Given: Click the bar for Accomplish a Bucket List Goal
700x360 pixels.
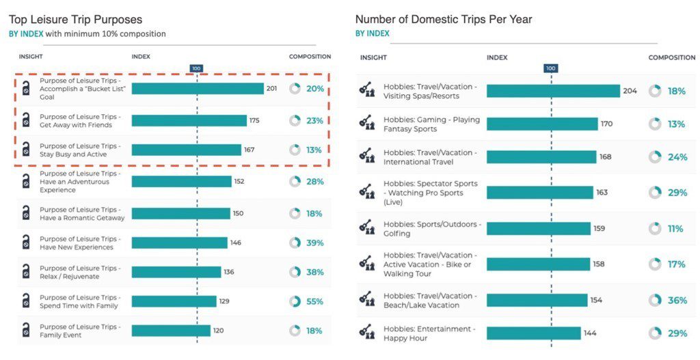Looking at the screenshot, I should [x=198, y=89].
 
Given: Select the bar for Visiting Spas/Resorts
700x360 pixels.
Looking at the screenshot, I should [x=553, y=91].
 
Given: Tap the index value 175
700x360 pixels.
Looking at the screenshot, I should [x=254, y=120].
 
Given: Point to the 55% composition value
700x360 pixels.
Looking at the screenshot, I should [x=314, y=301].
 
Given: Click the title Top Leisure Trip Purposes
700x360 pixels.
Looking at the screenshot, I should [x=76, y=20].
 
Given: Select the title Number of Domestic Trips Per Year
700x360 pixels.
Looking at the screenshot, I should [x=444, y=20].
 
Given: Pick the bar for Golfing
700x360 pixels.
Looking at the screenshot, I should [x=539, y=229].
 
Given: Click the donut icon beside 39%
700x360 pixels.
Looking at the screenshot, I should [x=295, y=243].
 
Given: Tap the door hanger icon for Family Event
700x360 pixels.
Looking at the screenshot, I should [x=25, y=331].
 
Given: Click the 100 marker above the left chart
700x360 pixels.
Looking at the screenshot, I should [x=196, y=68].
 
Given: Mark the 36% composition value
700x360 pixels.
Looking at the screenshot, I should [x=677, y=300].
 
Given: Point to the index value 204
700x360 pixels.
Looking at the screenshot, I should [x=630, y=91].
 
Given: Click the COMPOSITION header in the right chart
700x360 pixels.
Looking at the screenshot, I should [x=671, y=57].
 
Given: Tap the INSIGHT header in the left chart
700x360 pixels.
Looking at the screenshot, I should [x=31, y=57].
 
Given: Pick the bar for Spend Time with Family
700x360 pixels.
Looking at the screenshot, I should [x=174, y=301].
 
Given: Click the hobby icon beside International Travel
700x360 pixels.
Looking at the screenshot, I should [x=366, y=157].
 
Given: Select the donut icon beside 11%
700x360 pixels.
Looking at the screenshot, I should [x=655, y=229].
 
